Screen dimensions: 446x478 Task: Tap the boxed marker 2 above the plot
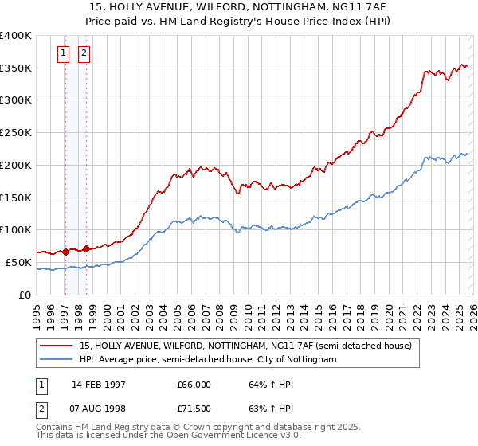pos(84,54)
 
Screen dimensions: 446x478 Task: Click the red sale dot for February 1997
pos(65,252)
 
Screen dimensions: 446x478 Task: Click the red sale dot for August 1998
pos(86,248)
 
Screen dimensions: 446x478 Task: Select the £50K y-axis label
pos(18,262)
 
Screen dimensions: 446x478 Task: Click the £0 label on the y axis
pos(25,295)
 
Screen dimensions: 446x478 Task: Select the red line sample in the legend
pos(57,346)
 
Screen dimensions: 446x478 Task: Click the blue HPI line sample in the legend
pos(57,360)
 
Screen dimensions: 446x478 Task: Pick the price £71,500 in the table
pos(194,411)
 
